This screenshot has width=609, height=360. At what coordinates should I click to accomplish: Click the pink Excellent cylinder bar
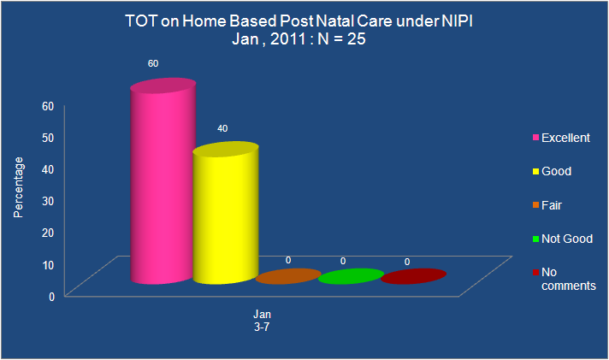[x=163, y=181]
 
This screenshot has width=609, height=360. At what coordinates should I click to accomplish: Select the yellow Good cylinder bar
[x=226, y=213]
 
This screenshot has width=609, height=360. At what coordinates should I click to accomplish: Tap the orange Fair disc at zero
[x=288, y=276]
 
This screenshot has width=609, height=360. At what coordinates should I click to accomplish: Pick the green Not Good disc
[x=351, y=276]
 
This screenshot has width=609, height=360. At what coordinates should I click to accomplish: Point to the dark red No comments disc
[x=413, y=276]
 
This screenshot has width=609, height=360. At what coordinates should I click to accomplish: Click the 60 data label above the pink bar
[x=153, y=63]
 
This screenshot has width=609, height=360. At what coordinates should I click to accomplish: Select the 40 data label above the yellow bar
[x=222, y=128]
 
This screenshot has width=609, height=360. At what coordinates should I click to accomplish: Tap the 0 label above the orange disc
[x=288, y=260]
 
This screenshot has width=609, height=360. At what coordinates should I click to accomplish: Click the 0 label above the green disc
[x=343, y=262]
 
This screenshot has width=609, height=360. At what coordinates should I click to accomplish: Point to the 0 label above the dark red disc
[x=407, y=263]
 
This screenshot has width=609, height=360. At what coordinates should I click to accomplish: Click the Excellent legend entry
[x=561, y=138]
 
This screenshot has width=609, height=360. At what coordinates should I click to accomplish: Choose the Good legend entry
[x=552, y=171]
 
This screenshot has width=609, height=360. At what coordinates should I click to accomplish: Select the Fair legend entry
[x=547, y=205]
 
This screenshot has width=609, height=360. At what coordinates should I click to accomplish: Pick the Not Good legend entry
[x=563, y=239]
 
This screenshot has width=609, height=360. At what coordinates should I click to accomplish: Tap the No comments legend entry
[x=565, y=279]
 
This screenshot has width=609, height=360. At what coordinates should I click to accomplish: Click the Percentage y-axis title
[x=18, y=187]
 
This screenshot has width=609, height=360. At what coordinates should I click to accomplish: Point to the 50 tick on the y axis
[x=48, y=138]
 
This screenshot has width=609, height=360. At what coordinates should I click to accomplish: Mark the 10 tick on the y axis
[x=48, y=265]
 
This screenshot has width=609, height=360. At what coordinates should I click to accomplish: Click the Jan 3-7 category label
[x=263, y=321]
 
